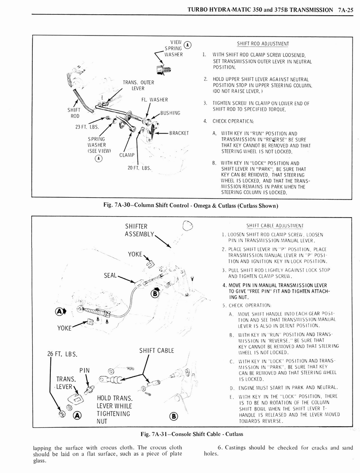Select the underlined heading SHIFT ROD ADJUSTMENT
coord(263,44)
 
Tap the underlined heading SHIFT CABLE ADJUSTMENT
coord(275,225)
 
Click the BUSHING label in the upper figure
coord(170,113)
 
